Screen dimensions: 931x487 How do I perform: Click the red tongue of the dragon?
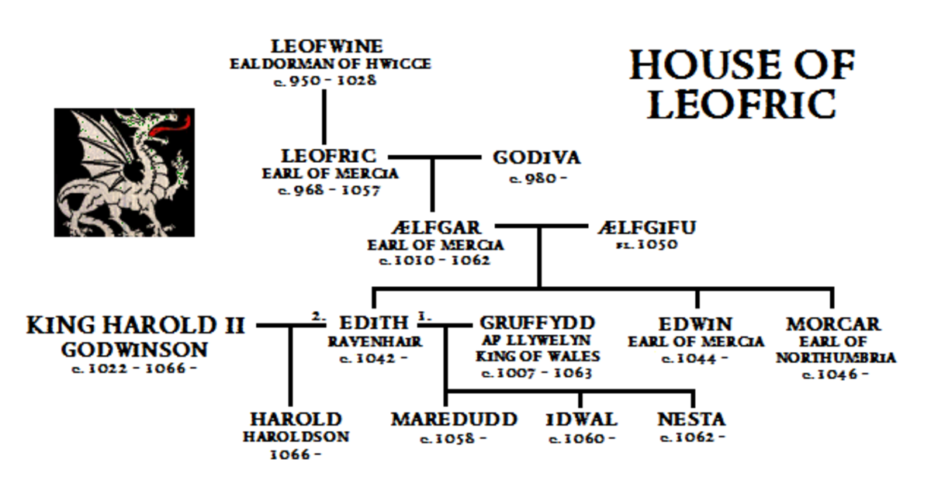click(171, 126)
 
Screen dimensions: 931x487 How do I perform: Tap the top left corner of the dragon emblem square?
click(54, 109)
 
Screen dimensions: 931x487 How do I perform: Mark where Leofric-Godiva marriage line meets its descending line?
click(433, 157)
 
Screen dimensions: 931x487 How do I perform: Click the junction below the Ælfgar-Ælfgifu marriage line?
click(539, 226)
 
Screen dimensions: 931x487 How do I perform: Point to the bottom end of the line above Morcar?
click(832, 308)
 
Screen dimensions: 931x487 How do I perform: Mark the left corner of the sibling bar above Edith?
click(374, 288)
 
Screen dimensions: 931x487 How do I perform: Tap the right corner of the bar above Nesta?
click(693, 391)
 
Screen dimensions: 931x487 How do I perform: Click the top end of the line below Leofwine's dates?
click(324, 90)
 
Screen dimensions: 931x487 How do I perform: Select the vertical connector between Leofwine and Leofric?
click(324, 117)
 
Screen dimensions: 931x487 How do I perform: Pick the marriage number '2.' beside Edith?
click(319, 316)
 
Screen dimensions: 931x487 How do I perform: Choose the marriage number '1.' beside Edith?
click(424, 316)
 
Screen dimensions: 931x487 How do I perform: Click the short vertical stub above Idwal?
click(580, 399)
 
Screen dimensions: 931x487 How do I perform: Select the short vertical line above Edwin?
click(697, 299)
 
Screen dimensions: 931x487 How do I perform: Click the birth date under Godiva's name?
click(538, 178)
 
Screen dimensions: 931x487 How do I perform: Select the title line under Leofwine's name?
click(331, 64)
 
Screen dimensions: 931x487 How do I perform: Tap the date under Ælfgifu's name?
click(647, 244)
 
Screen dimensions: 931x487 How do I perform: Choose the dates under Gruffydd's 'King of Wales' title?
click(537, 373)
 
